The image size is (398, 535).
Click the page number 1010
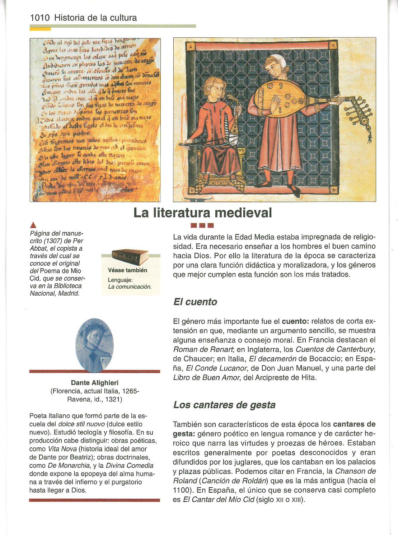pos(41,18)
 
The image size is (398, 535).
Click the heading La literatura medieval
pos(203,213)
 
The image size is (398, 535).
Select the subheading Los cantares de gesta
pos(224,405)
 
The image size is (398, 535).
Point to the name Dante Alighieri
pos(95,383)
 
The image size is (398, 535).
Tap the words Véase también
pos(127,270)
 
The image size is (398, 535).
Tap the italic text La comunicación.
pos(130,287)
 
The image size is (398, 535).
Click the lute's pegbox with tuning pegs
pos(356,107)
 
